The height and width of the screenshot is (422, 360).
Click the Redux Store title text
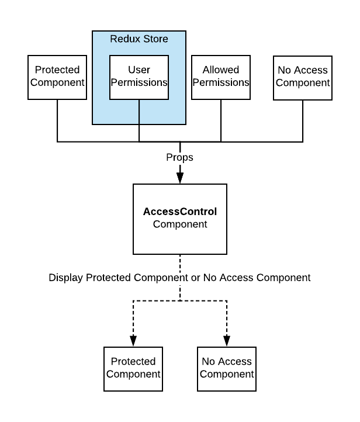click(139, 39)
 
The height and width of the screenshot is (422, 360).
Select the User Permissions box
click(139, 77)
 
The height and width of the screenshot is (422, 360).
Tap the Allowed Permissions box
click(221, 77)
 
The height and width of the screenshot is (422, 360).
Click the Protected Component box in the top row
click(57, 77)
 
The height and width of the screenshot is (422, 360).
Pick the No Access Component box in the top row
click(303, 77)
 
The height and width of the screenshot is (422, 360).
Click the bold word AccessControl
click(180, 212)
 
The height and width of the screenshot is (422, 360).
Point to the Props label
click(180, 158)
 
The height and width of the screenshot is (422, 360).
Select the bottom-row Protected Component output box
click(133, 368)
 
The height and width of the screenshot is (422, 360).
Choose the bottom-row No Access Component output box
click(227, 368)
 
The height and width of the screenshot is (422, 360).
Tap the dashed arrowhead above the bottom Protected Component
click(133, 340)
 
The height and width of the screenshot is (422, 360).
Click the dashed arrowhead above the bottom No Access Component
click(227, 340)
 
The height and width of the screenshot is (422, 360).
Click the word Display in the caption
click(66, 278)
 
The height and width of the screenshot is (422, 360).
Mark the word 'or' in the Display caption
click(194, 278)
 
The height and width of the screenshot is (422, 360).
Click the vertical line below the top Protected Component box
click(57, 120)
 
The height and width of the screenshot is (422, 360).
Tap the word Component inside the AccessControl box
click(180, 224)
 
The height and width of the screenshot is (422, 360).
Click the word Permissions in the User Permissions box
click(139, 83)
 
